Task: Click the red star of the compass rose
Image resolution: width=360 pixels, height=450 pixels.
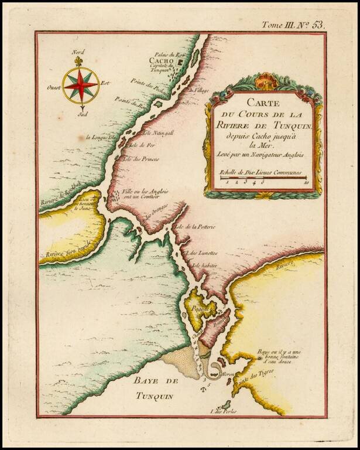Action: pos(81,83)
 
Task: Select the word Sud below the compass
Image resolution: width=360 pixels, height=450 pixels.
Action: pos(83,115)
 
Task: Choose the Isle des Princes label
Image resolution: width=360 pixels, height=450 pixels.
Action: pos(141,159)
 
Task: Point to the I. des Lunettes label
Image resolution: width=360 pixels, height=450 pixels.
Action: pos(200,253)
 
